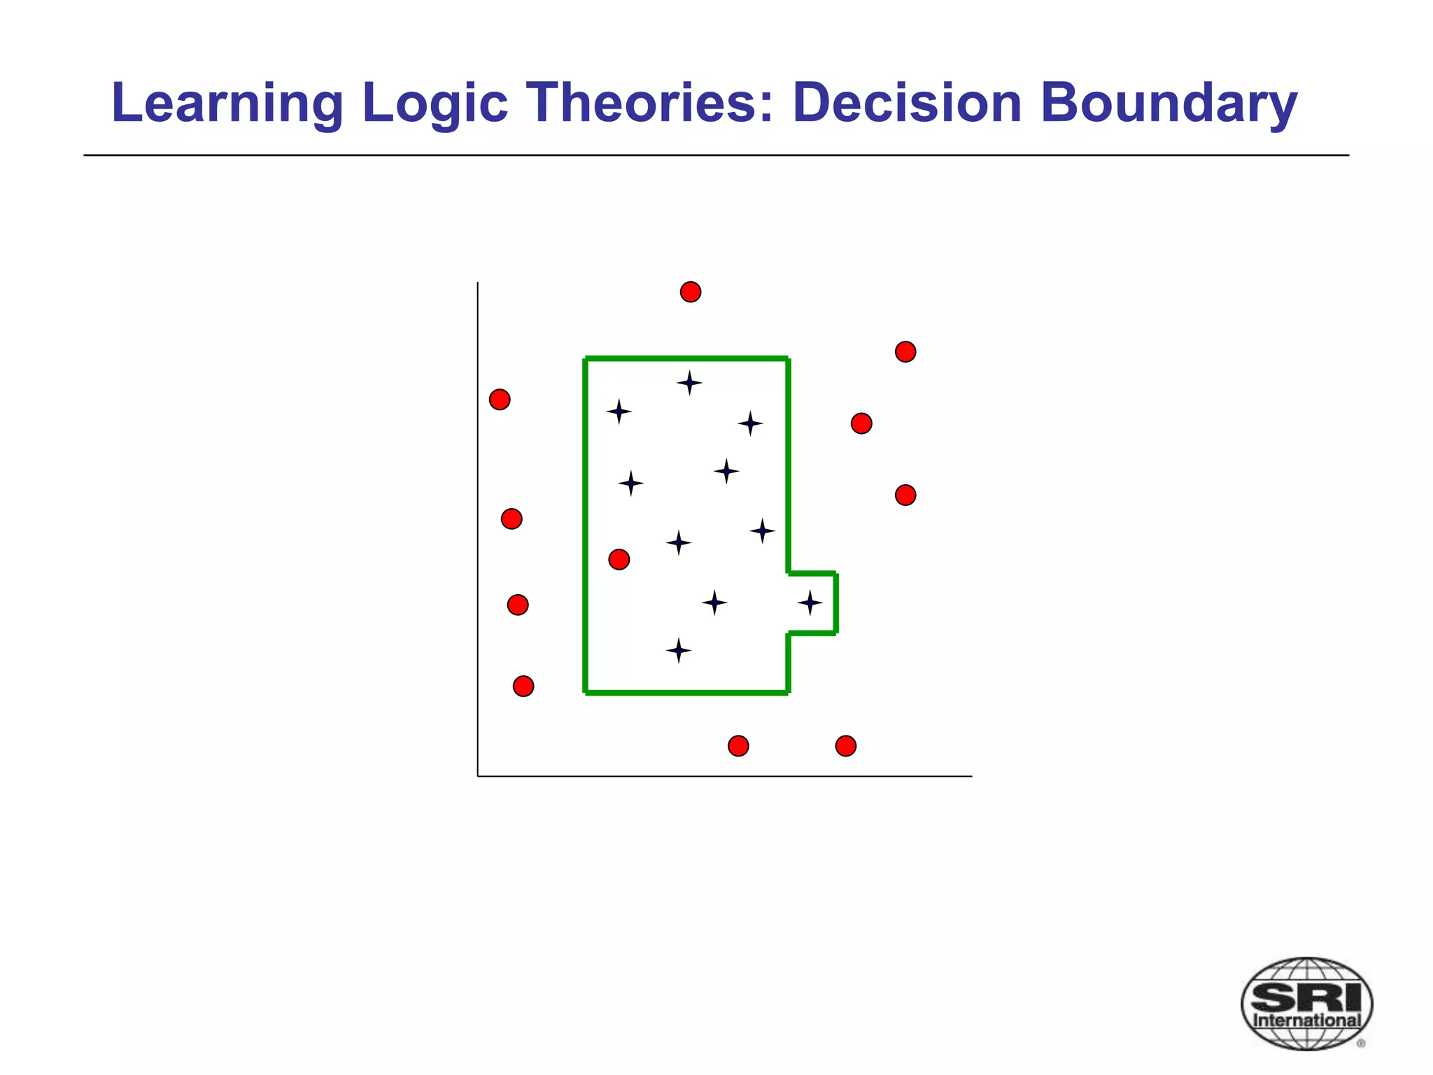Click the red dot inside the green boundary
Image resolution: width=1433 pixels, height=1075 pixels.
(x=619, y=559)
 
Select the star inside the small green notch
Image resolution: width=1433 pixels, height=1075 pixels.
(x=810, y=603)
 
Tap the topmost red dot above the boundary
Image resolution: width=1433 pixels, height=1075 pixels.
(x=691, y=292)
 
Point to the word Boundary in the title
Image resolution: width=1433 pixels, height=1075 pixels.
(x=1168, y=103)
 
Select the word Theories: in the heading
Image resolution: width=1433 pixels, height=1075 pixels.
(x=650, y=103)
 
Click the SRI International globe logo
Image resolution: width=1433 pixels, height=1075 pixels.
(x=1306, y=1004)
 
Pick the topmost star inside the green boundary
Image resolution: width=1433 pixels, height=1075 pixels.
(x=689, y=383)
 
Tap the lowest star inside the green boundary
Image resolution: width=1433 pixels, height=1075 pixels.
(x=678, y=650)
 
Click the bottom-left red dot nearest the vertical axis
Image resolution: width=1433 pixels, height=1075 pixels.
(x=523, y=686)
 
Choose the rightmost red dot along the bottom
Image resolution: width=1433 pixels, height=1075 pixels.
(x=846, y=746)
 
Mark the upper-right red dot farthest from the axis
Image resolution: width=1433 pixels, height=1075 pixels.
(x=905, y=351)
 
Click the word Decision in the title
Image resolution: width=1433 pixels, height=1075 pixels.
(x=907, y=103)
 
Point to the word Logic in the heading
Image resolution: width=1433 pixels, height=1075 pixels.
(x=435, y=103)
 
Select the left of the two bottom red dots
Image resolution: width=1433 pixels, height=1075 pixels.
(x=738, y=746)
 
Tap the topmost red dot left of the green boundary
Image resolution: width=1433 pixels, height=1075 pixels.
(x=500, y=400)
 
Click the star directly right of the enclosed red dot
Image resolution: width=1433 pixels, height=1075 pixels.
(x=678, y=542)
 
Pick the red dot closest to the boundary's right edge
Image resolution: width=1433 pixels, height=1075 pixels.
(x=861, y=423)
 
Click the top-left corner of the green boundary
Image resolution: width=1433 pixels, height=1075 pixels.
(x=586, y=359)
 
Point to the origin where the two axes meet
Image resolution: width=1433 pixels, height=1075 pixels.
(x=478, y=776)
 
